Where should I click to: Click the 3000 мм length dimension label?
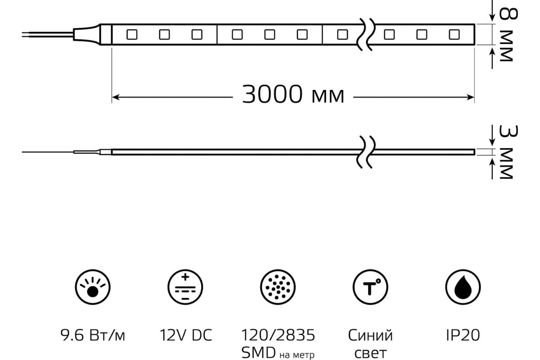293,95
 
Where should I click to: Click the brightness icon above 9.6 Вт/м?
93,287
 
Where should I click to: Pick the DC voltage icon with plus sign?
185,287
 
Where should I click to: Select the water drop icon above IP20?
463,287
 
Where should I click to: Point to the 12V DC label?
185,335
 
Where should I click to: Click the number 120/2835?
278,335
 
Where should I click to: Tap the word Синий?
370,335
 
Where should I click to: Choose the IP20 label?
463,335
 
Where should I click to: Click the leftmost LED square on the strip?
131,34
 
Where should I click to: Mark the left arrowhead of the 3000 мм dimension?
115,96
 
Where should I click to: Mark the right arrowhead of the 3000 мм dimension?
471,96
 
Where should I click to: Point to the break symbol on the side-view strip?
365,152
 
